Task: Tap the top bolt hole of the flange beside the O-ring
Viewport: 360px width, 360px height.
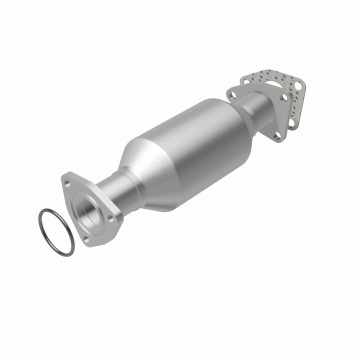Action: [x=67, y=183]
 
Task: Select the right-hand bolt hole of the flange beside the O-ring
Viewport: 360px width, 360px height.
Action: [x=111, y=218]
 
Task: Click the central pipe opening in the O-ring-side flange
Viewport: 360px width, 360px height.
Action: [x=89, y=210]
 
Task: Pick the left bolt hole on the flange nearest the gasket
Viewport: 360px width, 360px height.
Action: [x=232, y=93]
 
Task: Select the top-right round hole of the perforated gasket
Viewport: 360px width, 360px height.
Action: [x=298, y=86]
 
